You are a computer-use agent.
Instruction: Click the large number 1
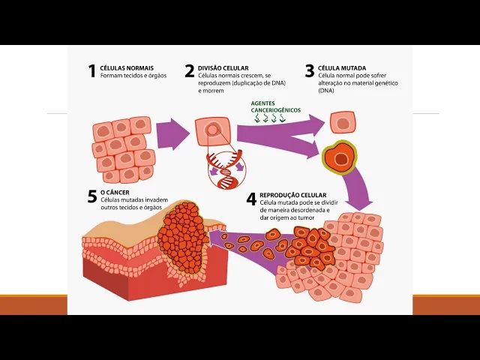[x=91, y=71]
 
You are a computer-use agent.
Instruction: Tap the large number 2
[x=190, y=71]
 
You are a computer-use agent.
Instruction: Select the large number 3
[x=309, y=71]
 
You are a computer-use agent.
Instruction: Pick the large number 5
[x=91, y=197]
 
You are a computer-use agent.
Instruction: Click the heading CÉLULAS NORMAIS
[x=123, y=67]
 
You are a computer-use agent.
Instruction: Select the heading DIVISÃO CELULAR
[x=223, y=67]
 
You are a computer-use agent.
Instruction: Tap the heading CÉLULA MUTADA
[x=342, y=67]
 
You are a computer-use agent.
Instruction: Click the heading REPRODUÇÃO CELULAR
[x=292, y=195]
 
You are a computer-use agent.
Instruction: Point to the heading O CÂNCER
[x=113, y=193]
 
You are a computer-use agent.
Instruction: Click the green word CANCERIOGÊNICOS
[x=276, y=110]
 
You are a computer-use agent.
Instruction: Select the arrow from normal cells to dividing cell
[x=173, y=134]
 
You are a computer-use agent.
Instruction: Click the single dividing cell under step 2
[x=212, y=130]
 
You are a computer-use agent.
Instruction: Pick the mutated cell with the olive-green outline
[x=341, y=158]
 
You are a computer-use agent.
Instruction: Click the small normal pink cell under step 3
[x=343, y=122]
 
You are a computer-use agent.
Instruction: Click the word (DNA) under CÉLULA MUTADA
[x=327, y=90]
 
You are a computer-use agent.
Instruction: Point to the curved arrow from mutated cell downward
[x=361, y=184]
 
